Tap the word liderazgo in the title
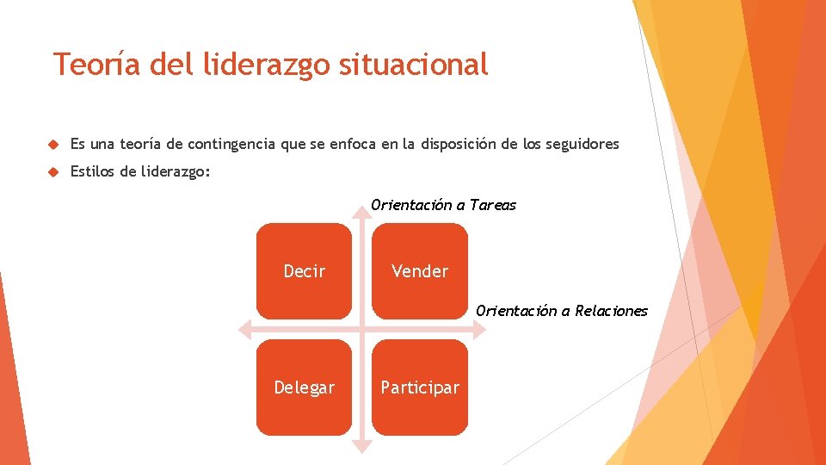click(251, 65)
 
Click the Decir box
click(304, 271)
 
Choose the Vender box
click(420, 271)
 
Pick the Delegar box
click(304, 387)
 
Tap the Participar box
click(420, 387)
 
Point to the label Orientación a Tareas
click(443, 205)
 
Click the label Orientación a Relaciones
click(561, 311)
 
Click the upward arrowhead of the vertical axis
click(362, 214)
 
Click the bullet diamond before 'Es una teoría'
click(52, 145)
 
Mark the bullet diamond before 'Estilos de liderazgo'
click(52, 172)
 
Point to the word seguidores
click(582, 145)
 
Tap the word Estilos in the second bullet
click(93, 172)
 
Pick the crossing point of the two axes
click(362, 329)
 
